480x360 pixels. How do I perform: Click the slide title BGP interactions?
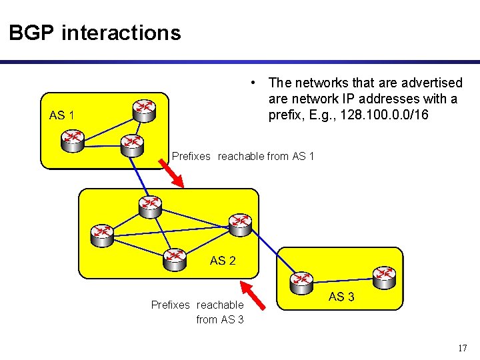pos(95,33)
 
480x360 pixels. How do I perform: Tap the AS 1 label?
pos(61,115)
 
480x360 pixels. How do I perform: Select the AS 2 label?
pos(223,261)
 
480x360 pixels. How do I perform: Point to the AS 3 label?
pos(341,297)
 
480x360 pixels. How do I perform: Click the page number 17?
pos(463,348)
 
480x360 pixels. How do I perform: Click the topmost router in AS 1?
pos(143,110)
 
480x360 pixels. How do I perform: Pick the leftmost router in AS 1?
pos(71,139)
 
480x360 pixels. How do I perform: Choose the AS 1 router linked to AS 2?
pos(131,144)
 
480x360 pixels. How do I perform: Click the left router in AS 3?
pos(301,281)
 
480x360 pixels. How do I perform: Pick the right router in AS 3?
pos(384,275)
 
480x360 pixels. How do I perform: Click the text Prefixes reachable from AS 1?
pos(243,157)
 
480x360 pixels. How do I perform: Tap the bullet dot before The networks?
pos(255,83)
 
